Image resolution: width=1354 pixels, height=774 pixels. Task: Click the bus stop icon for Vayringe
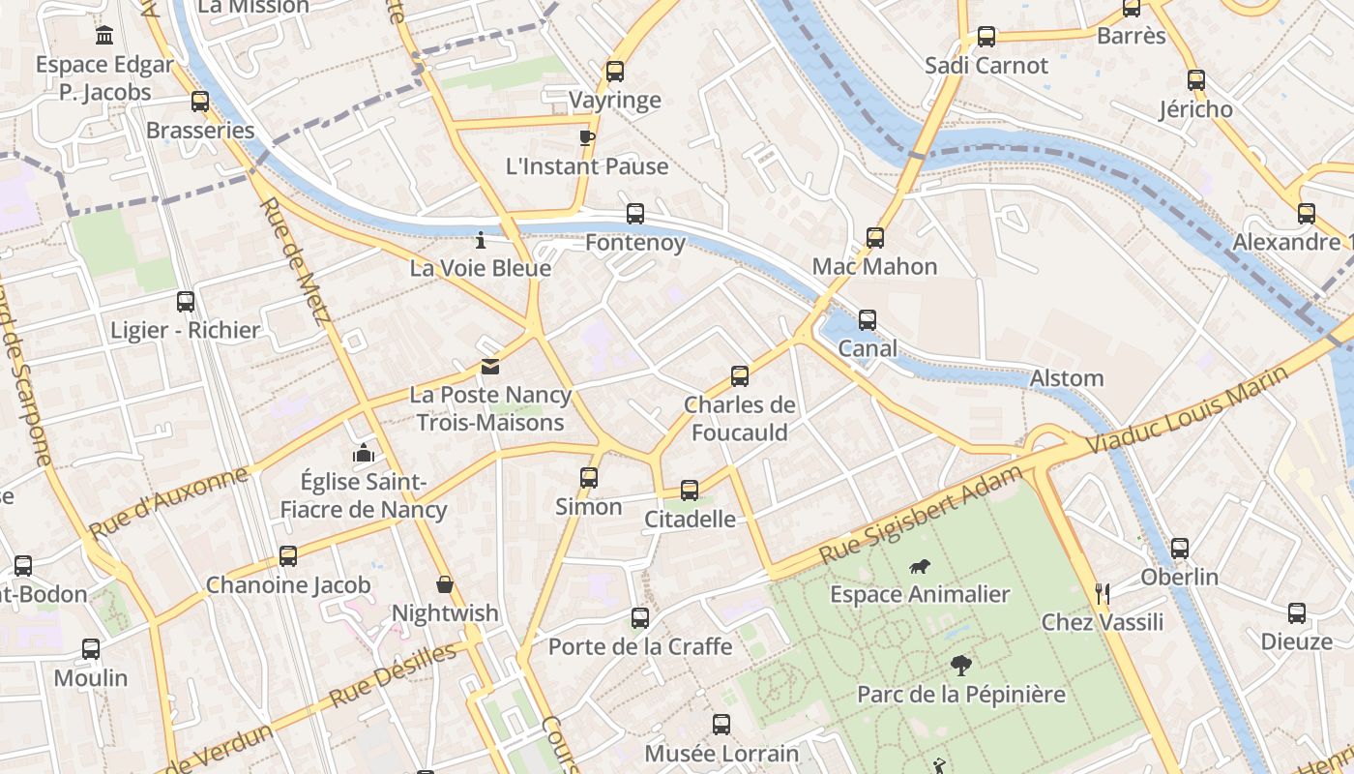coord(614,71)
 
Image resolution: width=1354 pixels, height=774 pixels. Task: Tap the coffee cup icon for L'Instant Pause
coord(586,136)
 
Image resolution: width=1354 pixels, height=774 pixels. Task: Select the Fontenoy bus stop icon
coord(634,214)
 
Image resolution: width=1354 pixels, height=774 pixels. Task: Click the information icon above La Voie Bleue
coord(481,239)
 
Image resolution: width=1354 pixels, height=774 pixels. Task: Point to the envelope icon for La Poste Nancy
coord(490,367)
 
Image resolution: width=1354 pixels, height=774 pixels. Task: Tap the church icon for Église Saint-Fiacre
coord(363,453)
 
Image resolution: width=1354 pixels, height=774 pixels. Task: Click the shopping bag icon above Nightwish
coord(445,584)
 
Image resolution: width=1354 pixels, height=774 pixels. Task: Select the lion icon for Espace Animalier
coord(920,566)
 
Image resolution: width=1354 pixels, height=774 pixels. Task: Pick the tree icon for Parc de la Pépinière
coord(960,665)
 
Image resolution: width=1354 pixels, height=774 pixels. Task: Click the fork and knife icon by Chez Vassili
coord(1102,592)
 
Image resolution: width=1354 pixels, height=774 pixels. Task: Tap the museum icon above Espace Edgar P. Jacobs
coord(104,36)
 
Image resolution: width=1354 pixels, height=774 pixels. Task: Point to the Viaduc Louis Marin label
coord(1187,410)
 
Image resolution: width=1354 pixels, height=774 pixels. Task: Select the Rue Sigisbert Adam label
coord(920,516)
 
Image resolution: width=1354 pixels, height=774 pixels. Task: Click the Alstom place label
coord(1067,378)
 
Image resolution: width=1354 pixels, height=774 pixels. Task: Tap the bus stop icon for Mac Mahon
coord(874,237)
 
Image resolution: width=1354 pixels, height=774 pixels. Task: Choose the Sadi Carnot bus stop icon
coord(986,37)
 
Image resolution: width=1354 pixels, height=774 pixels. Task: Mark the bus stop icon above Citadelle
coord(690,491)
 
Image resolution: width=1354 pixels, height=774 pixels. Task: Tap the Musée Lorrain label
coord(721,754)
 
